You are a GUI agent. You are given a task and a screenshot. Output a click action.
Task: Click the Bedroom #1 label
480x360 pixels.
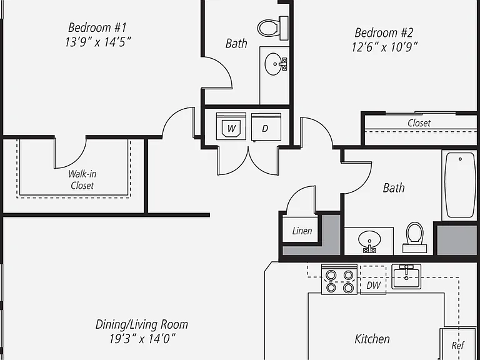coord(97,27)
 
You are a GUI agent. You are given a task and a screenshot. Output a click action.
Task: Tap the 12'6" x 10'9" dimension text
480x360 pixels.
coord(384,47)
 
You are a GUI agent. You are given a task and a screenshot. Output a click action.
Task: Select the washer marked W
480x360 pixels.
coord(231,126)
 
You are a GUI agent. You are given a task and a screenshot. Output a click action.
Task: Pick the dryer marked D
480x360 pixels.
coord(266,127)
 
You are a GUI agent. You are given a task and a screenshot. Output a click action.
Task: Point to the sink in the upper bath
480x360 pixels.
coord(276,64)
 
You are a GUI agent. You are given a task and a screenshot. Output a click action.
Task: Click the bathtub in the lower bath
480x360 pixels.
coord(460,185)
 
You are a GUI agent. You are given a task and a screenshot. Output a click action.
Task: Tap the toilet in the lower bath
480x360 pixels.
coord(414,237)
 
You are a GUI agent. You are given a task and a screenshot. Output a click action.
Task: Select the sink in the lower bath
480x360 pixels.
coord(369,241)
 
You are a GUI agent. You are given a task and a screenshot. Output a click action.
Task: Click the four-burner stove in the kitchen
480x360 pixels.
coord(339,279)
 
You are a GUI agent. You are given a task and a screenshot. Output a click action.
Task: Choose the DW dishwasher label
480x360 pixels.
coord(374,285)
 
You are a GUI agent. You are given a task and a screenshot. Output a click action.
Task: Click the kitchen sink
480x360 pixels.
coord(406,277)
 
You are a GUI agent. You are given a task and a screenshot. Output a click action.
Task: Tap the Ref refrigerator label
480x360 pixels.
coord(458,346)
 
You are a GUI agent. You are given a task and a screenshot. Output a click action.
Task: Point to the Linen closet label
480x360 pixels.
coord(302,231)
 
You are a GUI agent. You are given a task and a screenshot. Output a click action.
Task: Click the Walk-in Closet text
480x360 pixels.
coord(82,180)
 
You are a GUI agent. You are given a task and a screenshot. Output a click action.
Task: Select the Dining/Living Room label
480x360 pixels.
coord(142,324)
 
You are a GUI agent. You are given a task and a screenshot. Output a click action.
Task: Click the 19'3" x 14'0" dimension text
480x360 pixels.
coord(142,339)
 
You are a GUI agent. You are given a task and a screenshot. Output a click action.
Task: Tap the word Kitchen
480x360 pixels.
coord(372,339)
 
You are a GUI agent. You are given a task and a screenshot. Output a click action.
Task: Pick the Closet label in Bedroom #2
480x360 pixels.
coord(419,123)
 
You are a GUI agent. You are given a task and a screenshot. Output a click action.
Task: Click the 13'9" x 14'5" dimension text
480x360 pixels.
coord(97,42)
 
